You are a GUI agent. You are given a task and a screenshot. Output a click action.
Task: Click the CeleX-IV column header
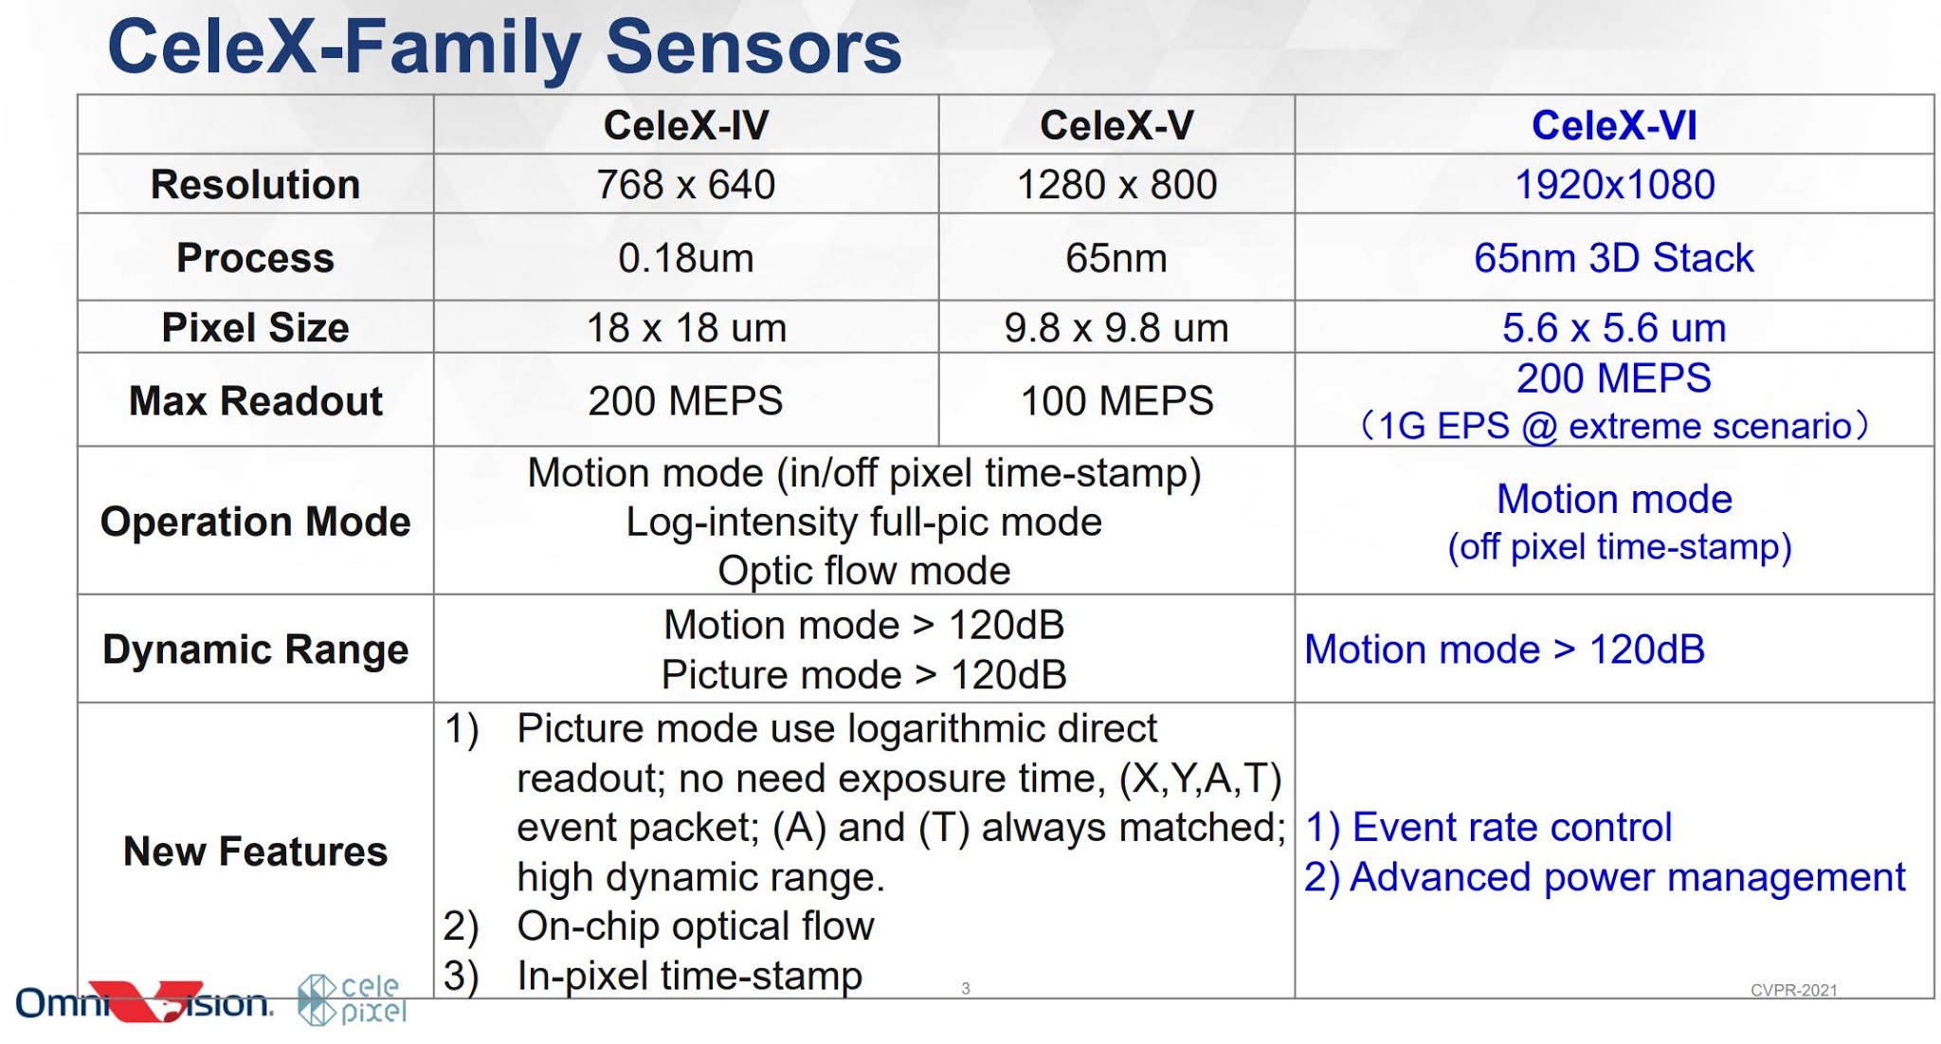(686, 125)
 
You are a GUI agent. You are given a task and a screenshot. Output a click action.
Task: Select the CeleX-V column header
(1116, 125)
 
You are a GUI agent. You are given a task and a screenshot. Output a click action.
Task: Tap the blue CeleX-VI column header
(1614, 125)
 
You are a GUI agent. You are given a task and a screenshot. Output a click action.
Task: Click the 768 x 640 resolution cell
(686, 184)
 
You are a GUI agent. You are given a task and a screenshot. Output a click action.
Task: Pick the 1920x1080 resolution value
(1614, 184)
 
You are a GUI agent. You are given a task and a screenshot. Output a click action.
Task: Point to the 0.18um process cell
(686, 258)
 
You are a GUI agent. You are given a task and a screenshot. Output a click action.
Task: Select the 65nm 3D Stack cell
(1614, 258)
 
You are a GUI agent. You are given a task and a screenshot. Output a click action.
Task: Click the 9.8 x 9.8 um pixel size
(1116, 328)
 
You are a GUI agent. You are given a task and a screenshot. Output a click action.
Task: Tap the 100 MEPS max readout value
(1116, 401)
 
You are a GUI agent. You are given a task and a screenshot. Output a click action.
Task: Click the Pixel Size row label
(255, 328)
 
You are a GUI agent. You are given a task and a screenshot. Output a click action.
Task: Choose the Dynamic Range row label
(255, 650)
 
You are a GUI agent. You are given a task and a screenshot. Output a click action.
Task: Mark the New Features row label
(255, 852)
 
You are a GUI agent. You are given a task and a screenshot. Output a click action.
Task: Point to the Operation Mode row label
(255, 522)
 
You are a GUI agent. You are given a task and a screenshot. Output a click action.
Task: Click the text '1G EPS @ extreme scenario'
(1614, 427)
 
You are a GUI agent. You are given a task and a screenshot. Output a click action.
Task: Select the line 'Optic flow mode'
(863, 571)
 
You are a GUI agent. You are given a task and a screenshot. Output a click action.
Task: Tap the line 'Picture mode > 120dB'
(863, 675)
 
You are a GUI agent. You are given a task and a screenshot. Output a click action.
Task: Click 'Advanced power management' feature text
(1626, 877)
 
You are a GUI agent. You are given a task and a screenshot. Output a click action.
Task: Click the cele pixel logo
(353, 1000)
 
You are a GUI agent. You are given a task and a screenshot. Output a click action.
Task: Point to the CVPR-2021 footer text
(1793, 991)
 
